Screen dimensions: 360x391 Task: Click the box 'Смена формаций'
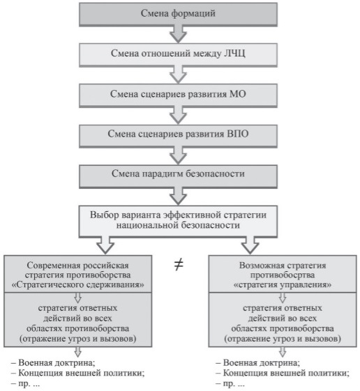(178, 14)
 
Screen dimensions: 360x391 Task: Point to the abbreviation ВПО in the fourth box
(238, 134)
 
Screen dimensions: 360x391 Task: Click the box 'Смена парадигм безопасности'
(178, 176)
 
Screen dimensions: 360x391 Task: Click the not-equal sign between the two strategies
(179, 265)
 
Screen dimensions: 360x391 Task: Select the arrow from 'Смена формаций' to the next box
(178, 34)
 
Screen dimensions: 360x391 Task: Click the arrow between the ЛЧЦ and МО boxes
(178, 75)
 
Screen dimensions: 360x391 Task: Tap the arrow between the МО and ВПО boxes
(178, 116)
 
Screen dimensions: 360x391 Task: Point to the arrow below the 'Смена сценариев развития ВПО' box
(178, 155)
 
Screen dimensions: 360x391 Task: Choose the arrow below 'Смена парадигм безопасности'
(178, 197)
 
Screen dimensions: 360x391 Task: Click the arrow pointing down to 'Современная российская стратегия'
(105, 245)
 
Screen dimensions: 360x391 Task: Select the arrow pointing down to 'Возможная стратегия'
(250, 245)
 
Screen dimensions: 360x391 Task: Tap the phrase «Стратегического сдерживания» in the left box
(78, 285)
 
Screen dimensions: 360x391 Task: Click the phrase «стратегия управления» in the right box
(283, 285)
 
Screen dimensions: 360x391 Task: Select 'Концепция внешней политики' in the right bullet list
(285, 373)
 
